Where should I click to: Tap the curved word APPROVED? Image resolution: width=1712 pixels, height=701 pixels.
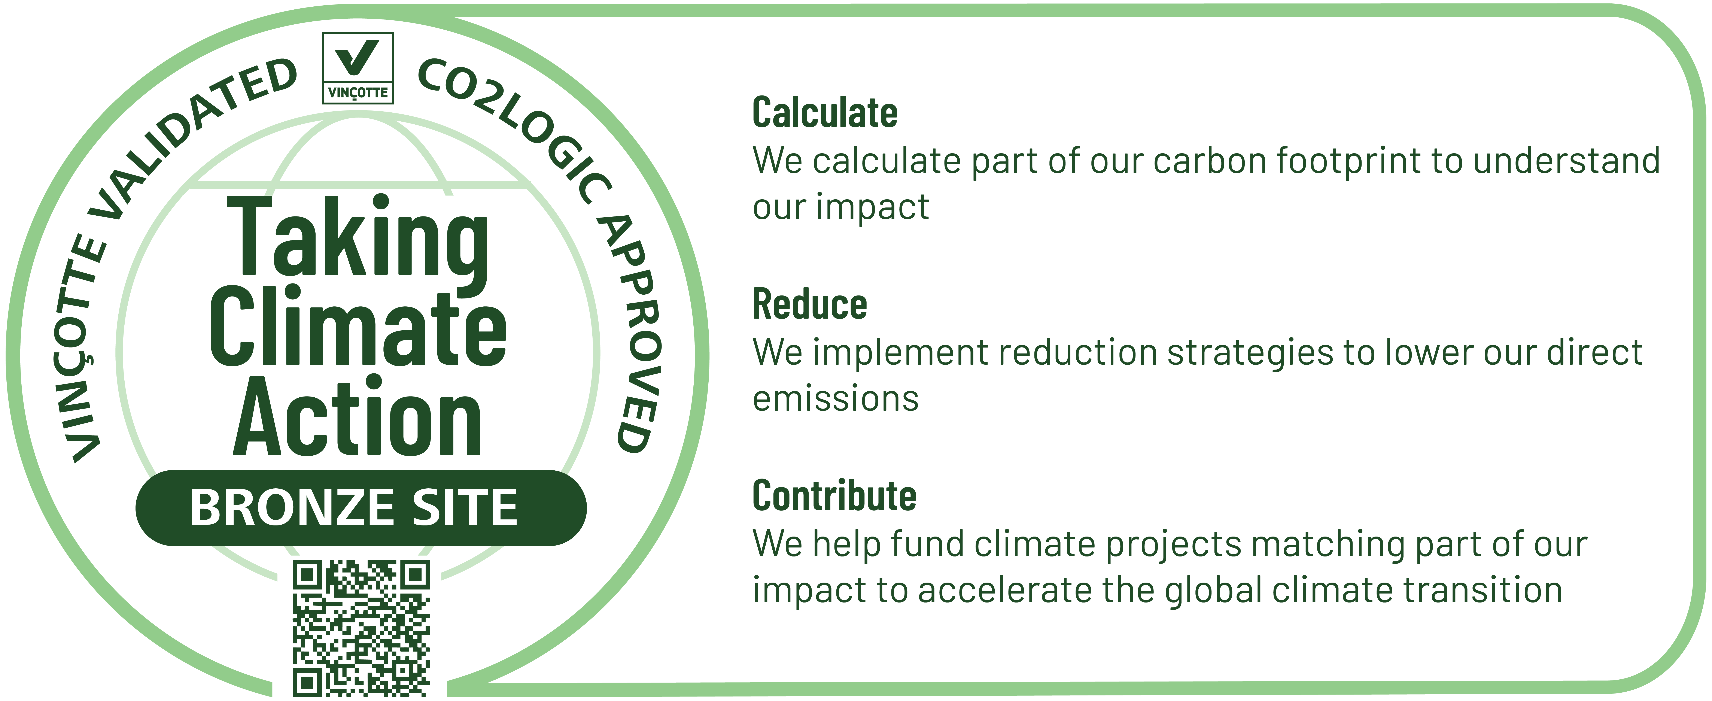pos(631,332)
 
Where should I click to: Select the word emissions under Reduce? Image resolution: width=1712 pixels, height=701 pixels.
pos(835,399)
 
